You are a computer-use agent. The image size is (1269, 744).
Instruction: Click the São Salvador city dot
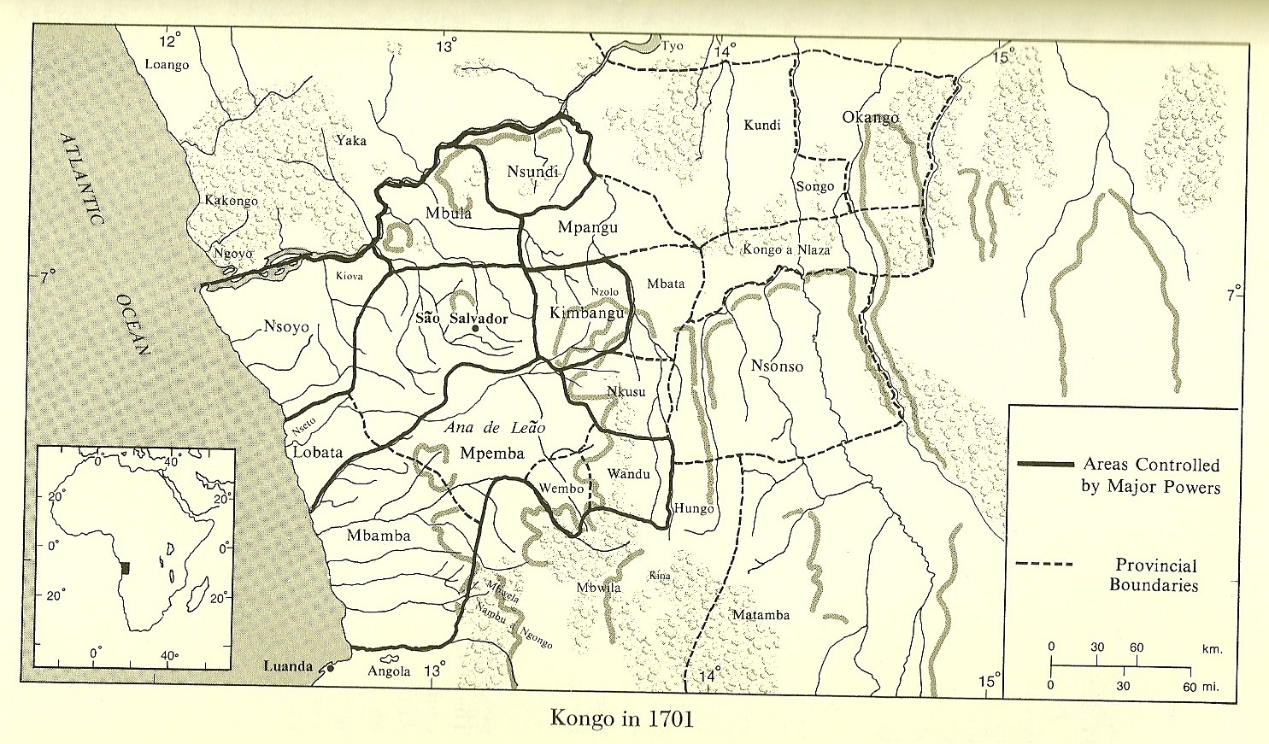(x=475, y=328)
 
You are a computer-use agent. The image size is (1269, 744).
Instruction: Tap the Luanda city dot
(x=330, y=669)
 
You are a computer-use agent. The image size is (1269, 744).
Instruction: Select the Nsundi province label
(x=532, y=172)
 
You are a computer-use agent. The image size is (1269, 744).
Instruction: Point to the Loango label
(x=167, y=65)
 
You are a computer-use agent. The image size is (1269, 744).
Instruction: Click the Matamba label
(x=761, y=615)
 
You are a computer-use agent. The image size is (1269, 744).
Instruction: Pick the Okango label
(x=870, y=117)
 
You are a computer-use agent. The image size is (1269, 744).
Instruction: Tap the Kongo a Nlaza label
(x=785, y=250)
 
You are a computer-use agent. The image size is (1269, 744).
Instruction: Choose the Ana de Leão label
(x=495, y=428)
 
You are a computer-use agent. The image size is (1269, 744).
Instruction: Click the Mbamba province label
(x=379, y=536)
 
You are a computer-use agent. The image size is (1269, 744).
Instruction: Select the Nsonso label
(x=777, y=366)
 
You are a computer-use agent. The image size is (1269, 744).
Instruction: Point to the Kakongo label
(x=231, y=201)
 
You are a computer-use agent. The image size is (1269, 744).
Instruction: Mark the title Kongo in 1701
(x=621, y=717)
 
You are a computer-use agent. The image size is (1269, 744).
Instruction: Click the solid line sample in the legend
(x=1044, y=464)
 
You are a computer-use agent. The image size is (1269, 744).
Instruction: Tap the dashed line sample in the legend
(x=1044, y=565)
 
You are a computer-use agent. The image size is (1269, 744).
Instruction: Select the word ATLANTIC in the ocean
(x=83, y=179)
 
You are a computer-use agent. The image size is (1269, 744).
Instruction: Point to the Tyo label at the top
(x=673, y=46)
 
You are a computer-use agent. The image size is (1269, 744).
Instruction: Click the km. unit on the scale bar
(x=1212, y=648)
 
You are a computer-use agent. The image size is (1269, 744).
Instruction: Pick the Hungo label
(x=693, y=508)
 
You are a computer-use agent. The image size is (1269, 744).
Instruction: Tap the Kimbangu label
(x=588, y=313)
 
